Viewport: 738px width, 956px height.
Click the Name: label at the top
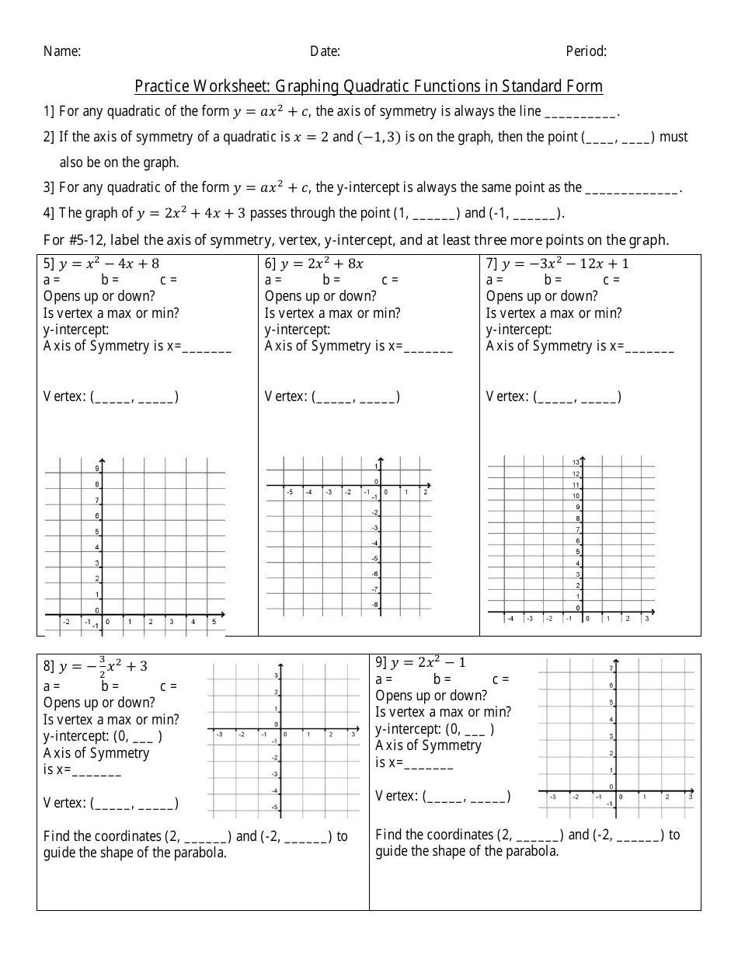click(x=62, y=51)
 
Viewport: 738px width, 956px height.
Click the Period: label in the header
click(x=586, y=51)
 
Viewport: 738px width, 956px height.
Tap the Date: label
click(x=325, y=51)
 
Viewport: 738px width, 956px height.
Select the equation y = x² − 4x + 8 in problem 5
click(x=109, y=263)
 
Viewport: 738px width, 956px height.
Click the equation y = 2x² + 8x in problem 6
click(x=322, y=263)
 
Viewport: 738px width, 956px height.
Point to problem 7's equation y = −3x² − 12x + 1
click(x=565, y=263)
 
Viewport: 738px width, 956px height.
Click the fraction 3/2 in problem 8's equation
click(x=102, y=667)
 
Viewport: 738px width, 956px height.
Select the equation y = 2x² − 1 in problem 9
click(x=428, y=662)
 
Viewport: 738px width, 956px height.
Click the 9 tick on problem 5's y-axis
click(x=97, y=469)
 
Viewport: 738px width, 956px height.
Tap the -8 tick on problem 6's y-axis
click(x=374, y=605)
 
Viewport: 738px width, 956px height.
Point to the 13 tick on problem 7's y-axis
click(x=576, y=463)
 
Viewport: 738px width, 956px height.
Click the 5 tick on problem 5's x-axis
click(x=214, y=622)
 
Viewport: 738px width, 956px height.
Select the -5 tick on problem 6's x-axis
click(x=289, y=492)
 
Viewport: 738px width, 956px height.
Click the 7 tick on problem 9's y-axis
click(x=612, y=668)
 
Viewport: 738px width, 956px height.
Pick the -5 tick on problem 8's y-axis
click(x=275, y=808)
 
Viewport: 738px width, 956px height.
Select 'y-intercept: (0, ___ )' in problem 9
click(x=434, y=729)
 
